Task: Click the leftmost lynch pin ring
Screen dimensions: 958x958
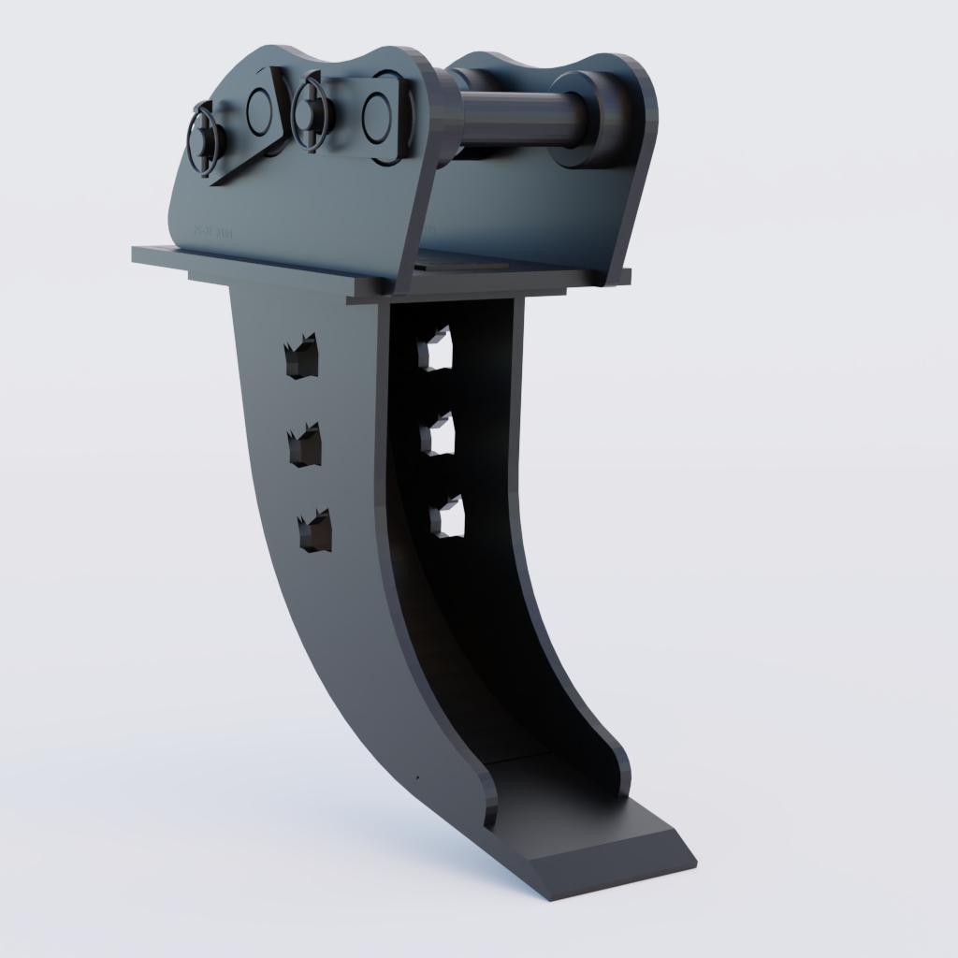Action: click(207, 139)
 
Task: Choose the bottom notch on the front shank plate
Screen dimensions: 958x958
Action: click(314, 531)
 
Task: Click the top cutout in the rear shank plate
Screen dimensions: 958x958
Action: click(435, 349)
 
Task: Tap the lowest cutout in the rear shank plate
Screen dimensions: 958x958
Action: click(447, 516)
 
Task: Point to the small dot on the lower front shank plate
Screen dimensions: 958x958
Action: click(417, 777)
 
